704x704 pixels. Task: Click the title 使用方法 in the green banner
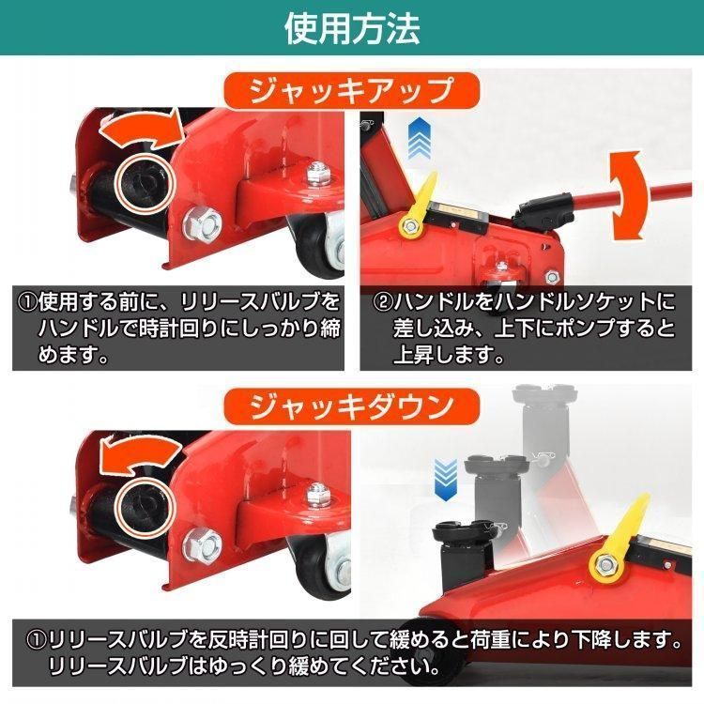click(352, 27)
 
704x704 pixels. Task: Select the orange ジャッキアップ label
click(351, 93)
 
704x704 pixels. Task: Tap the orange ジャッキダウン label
click(351, 406)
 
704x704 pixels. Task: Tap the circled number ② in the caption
click(381, 304)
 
